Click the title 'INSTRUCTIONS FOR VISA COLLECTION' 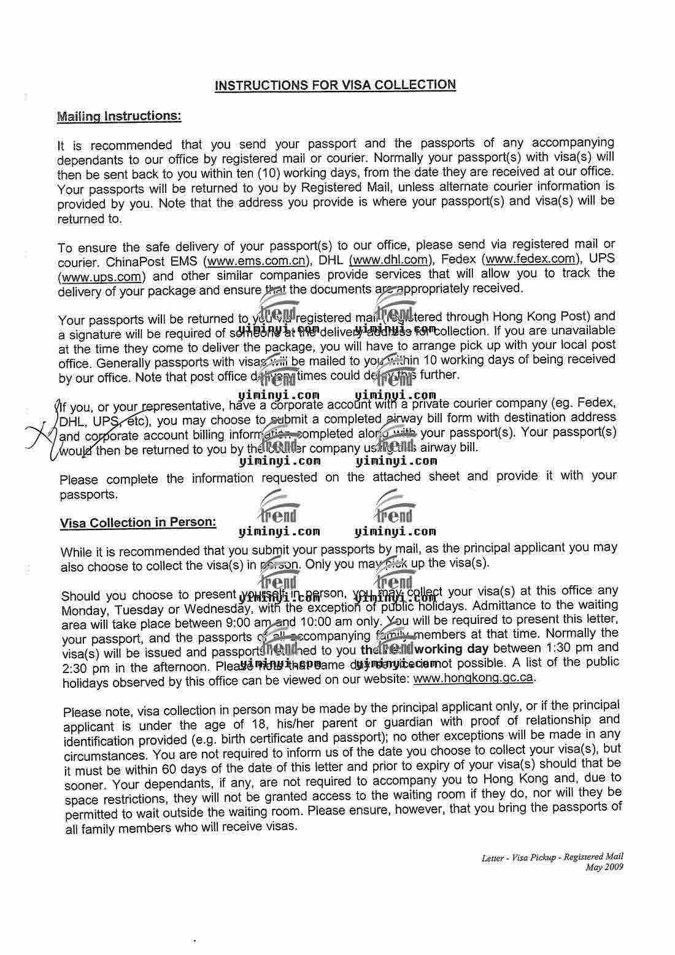pos(335,85)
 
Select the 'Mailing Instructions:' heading pos(118,115)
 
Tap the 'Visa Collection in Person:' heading pos(138,523)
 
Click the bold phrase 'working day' pos(451,649)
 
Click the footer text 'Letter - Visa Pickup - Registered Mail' pos(552,857)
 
